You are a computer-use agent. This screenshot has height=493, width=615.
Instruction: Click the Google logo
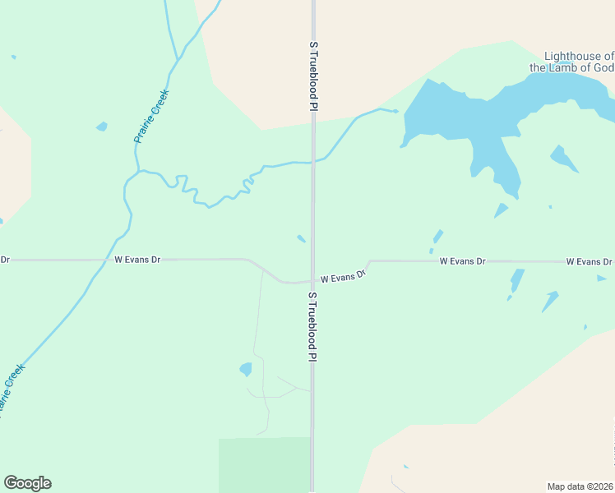(27, 483)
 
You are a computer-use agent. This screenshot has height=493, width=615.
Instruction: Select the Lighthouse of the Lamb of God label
(571, 62)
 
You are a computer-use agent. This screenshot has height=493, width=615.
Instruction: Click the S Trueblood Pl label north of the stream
(313, 76)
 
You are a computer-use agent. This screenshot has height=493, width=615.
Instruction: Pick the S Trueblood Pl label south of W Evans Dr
(312, 326)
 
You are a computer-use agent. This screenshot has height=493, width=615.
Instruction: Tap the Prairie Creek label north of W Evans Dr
(151, 117)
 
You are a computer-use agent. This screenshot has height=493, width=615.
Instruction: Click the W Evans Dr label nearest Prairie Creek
(136, 260)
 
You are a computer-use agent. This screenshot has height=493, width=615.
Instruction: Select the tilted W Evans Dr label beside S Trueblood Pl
(342, 278)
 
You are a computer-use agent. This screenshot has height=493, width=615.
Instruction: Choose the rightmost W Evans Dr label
(589, 261)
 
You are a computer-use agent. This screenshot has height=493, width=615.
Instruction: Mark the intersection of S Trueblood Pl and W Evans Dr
(312, 281)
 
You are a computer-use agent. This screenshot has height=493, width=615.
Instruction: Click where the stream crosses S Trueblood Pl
(312, 162)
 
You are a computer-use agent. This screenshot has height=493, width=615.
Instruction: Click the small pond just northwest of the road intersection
(302, 239)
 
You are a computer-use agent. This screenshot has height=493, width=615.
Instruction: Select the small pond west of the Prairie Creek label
(102, 127)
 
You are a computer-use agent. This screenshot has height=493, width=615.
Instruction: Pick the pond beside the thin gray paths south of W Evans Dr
(245, 369)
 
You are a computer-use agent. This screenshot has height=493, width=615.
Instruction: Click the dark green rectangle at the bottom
(264, 464)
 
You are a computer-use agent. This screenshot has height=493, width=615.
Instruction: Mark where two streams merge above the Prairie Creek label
(178, 58)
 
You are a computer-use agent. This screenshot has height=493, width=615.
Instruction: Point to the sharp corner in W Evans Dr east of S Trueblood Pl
(369, 261)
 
